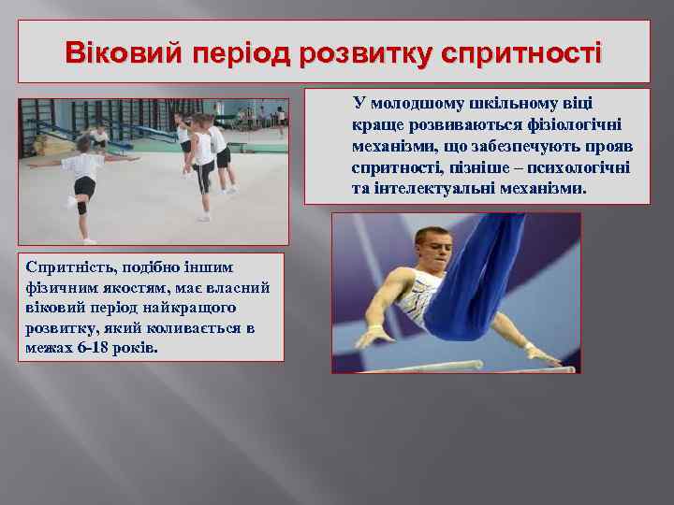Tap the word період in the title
tap(242, 51)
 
